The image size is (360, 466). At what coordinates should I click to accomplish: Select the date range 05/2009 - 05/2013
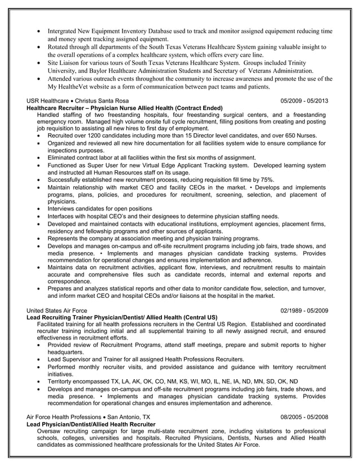(304, 100)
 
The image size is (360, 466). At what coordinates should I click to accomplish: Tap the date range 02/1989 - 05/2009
(304, 310)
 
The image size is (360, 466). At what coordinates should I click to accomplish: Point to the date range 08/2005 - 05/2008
(304, 417)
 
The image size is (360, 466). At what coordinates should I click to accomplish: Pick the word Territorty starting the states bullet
(63, 381)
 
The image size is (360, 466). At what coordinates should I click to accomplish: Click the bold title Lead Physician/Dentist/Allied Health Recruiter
(91, 424)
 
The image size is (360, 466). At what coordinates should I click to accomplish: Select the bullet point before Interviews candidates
(38, 209)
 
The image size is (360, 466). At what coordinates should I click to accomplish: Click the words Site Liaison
(66, 63)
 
